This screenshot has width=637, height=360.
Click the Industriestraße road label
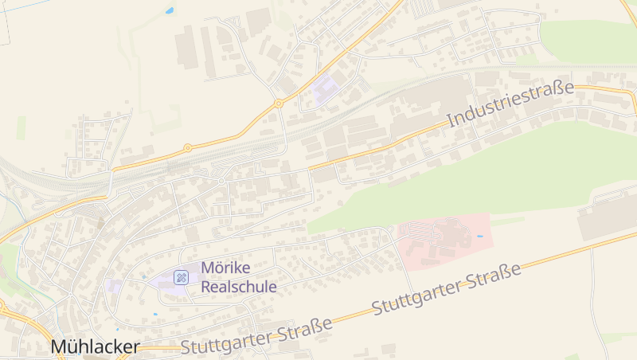coord(510,104)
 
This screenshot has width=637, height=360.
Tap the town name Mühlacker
coord(95,347)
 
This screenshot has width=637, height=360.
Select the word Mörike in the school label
coord(227,268)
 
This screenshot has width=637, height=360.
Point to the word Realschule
coord(239,287)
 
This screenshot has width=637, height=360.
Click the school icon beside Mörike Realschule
coord(182,277)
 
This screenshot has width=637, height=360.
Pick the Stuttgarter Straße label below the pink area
coord(446,288)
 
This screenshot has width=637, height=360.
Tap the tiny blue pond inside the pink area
coord(479,237)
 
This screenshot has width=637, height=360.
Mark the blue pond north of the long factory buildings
coord(170,11)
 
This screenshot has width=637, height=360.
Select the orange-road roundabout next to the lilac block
coord(279,104)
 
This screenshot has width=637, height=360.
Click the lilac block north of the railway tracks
coord(325,90)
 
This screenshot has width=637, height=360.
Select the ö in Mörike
coord(218,268)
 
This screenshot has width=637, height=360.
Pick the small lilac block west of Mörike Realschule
coord(114,285)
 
